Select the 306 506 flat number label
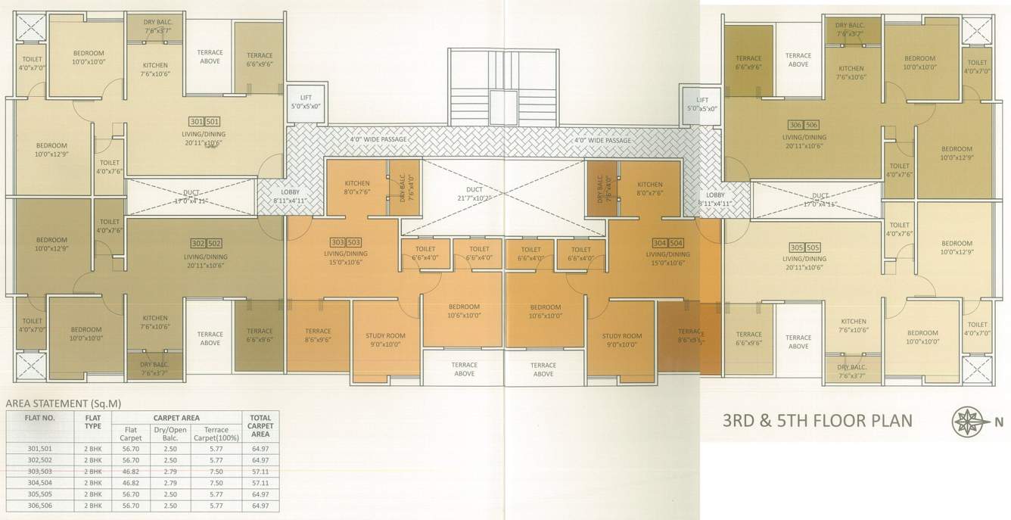pyautogui.click(x=804, y=124)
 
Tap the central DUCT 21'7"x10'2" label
pyautogui.click(x=474, y=192)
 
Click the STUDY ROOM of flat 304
pyautogui.click(x=622, y=340)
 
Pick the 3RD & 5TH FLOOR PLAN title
pyautogui.click(x=817, y=421)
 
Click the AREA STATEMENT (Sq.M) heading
pyautogui.click(x=64, y=403)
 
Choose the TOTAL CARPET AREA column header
pyautogui.click(x=260, y=425)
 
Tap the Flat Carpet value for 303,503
pyautogui.click(x=132, y=470)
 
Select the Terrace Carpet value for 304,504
pyautogui.click(x=216, y=481)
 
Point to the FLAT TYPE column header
pyautogui.click(x=94, y=421)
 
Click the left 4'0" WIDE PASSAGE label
pyautogui.click(x=378, y=140)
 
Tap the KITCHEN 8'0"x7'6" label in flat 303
pyautogui.click(x=356, y=188)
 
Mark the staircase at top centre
pyautogui.click(x=502, y=87)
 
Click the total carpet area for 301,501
pyautogui.click(x=260, y=448)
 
